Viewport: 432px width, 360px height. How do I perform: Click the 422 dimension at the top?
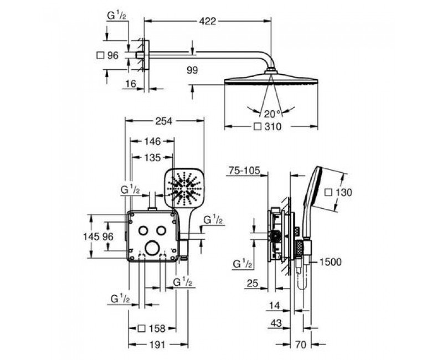click(x=208, y=21)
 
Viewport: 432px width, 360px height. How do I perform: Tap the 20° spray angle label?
click(x=272, y=114)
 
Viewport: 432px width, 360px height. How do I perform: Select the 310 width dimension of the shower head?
click(x=272, y=127)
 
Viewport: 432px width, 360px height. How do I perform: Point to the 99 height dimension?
click(x=192, y=70)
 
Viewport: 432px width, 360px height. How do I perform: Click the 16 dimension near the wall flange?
click(x=131, y=84)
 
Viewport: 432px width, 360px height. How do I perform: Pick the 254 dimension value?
click(x=163, y=121)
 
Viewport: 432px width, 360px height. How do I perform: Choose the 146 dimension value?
click(x=152, y=141)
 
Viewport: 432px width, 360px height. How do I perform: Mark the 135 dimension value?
click(x=152, y=157)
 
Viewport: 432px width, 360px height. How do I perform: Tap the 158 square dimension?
click(x=157, y=328)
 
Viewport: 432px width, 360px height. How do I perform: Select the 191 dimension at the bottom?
click(x=158, y=344)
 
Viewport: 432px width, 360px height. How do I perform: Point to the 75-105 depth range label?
click(x=244, y=171)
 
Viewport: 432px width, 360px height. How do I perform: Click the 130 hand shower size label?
click(x=344, y=192)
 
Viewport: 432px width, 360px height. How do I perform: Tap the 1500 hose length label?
click(x=330, y=261)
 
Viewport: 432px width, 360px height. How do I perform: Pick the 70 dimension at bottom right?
click(x=300, y=344)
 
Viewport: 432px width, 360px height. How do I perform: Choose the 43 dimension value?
click(x=276, y=322)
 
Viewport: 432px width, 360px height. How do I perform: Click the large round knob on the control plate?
click(x=152, y=248)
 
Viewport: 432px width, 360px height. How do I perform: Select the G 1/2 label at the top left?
click(x=116, y=16)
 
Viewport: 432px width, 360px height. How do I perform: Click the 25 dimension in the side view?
click(x=253, y=283)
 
